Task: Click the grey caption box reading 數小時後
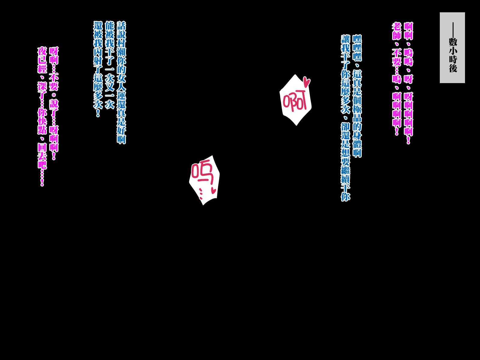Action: point(452,47)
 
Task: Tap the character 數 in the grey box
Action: point(453,42)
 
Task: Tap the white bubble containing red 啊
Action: point(295,100)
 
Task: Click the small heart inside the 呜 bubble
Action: point(213,190)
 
